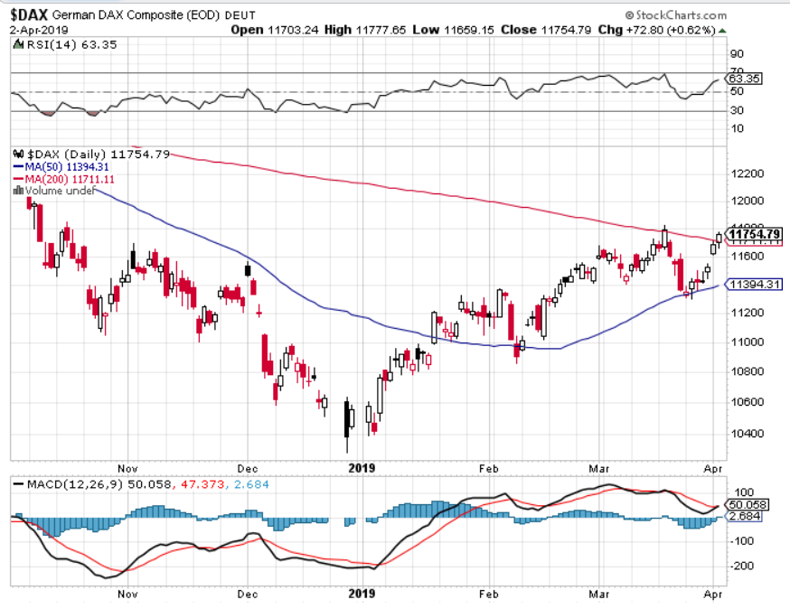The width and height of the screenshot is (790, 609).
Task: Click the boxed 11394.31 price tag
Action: (x=755, y=285)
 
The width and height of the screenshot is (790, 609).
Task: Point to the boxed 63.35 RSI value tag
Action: (x=748, y=79)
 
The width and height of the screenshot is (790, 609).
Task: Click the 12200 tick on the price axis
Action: (x=747, y=173)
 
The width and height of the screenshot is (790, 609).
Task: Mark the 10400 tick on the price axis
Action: (x=747, y=433)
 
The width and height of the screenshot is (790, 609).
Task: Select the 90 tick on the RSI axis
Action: (x=738, y=53)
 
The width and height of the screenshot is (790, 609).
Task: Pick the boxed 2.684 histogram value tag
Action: (x=746, y=517)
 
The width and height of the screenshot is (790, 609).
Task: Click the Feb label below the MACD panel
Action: (x=489, y=595)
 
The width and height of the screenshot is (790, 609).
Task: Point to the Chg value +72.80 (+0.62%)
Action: (x=662, y=29)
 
